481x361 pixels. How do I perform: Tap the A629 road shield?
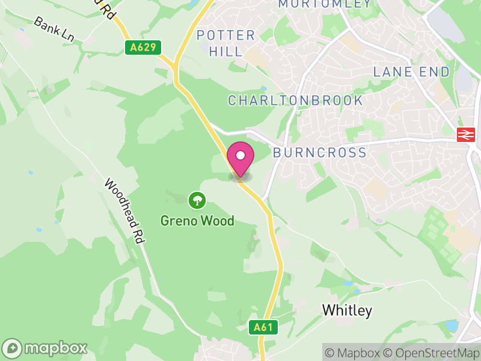coord(143,48)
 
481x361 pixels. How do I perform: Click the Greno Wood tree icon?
coord(197,200)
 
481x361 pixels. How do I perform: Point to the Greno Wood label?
coord(197,221)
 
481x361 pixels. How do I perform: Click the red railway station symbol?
coord(464,135)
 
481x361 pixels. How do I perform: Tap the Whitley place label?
coord(347,310)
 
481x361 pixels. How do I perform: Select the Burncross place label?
coord(319,152)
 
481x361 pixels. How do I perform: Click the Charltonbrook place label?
coord(295,100)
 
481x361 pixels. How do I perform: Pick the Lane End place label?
coord(411,72)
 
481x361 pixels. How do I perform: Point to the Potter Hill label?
coord(225,43)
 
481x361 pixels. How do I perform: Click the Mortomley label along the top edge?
coord(325,4)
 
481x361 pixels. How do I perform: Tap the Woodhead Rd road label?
coord(125,211)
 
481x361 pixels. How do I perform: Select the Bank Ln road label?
coord(54,29)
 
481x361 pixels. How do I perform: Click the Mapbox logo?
coord(45,348)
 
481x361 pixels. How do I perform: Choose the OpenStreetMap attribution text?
coord(432,353)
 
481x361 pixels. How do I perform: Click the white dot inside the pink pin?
coord(240,156)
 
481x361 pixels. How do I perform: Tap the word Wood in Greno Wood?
coord(216,221)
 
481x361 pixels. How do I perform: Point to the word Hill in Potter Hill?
coord(225,52)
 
